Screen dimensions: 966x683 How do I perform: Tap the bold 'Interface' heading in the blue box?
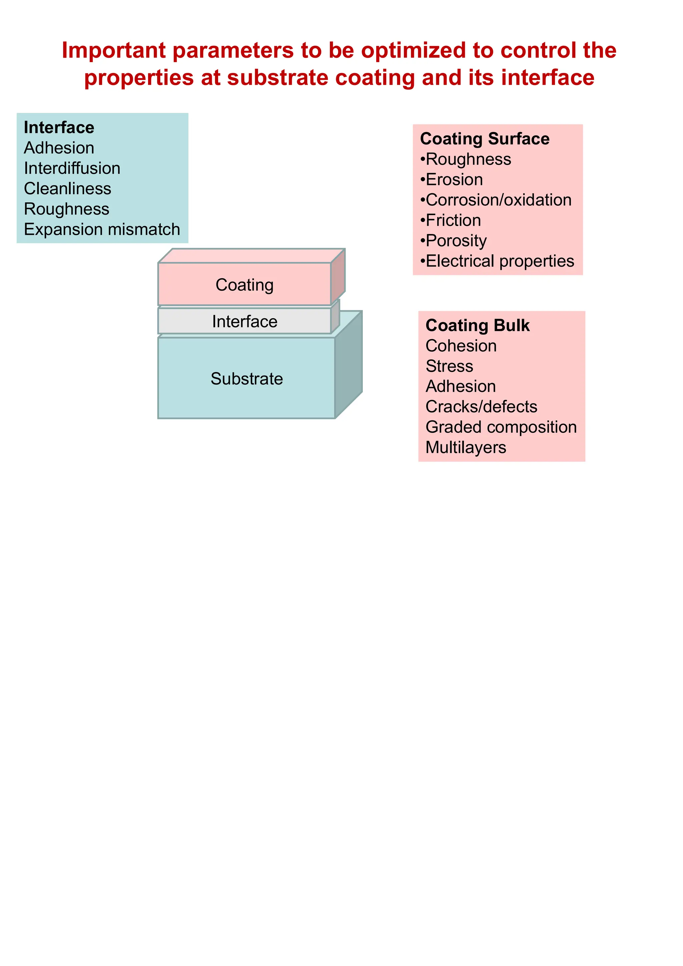click(59, 127)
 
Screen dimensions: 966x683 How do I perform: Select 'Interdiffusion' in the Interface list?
click(72, 168)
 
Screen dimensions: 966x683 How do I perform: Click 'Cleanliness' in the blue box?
click(67, 188)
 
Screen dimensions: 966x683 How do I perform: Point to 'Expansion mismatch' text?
click(102, 229)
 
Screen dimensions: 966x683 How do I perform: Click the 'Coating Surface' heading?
click(485, 139)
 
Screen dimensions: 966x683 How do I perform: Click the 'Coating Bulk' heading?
click(478, 326)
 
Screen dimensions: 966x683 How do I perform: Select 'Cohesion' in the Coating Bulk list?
click(461, 346)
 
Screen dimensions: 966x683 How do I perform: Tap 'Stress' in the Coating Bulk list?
click(450, 366)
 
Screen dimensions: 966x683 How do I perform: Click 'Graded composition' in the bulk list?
click(501, 427)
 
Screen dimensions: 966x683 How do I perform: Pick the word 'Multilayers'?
click(466, 447)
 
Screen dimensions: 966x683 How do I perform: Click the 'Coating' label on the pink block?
click(244, 285)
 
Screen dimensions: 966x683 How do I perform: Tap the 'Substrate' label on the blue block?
click(246, 379)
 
